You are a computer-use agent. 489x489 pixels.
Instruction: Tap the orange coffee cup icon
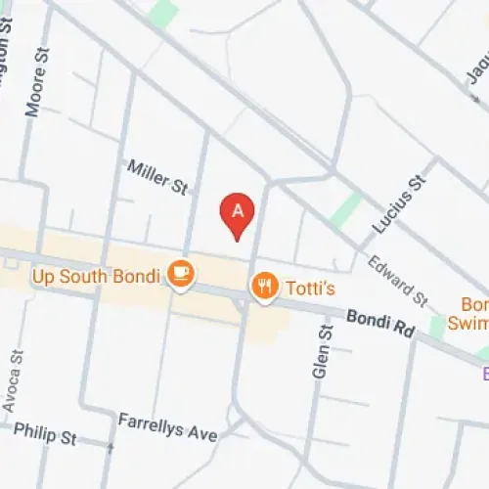pyautogui.click(x=180, y=273)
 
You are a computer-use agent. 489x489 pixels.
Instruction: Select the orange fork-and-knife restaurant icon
pyautogui.click(x=263, y=286)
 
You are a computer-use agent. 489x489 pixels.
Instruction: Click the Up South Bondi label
pyautogui.click(x=95, y=277)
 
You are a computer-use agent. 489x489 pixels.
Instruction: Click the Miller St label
pyautogui.click(x=156, y=178)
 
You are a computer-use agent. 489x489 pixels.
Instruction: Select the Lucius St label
pyautogui.click(x=399, y=202)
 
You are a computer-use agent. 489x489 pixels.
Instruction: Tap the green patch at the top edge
pyautogui.click(x=164, y=12)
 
